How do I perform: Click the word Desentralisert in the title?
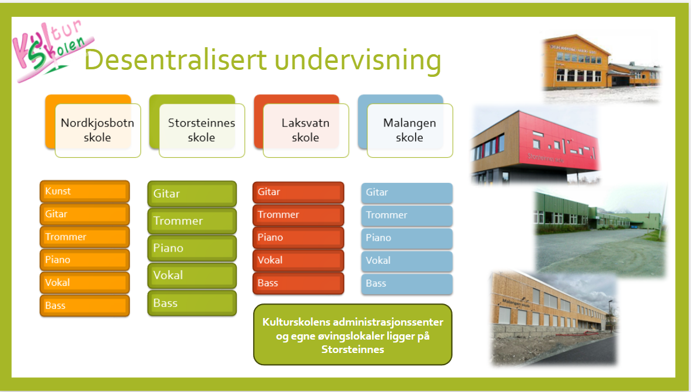click(176, 59)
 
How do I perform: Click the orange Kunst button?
click(85, 192)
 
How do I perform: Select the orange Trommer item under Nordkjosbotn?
click(85, 237)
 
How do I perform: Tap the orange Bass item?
click(85, 306)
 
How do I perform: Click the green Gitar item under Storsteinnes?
click(192, 194)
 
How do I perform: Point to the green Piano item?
click(192, 249)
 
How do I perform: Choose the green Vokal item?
click(192, 276)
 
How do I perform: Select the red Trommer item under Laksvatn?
click(299, 215)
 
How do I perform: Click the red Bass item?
click(299, 283)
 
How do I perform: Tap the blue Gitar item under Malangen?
click(407, 193)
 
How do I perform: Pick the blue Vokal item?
click(407, 261)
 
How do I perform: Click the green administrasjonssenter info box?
click(353, 335)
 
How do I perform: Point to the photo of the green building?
click(600, 231)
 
